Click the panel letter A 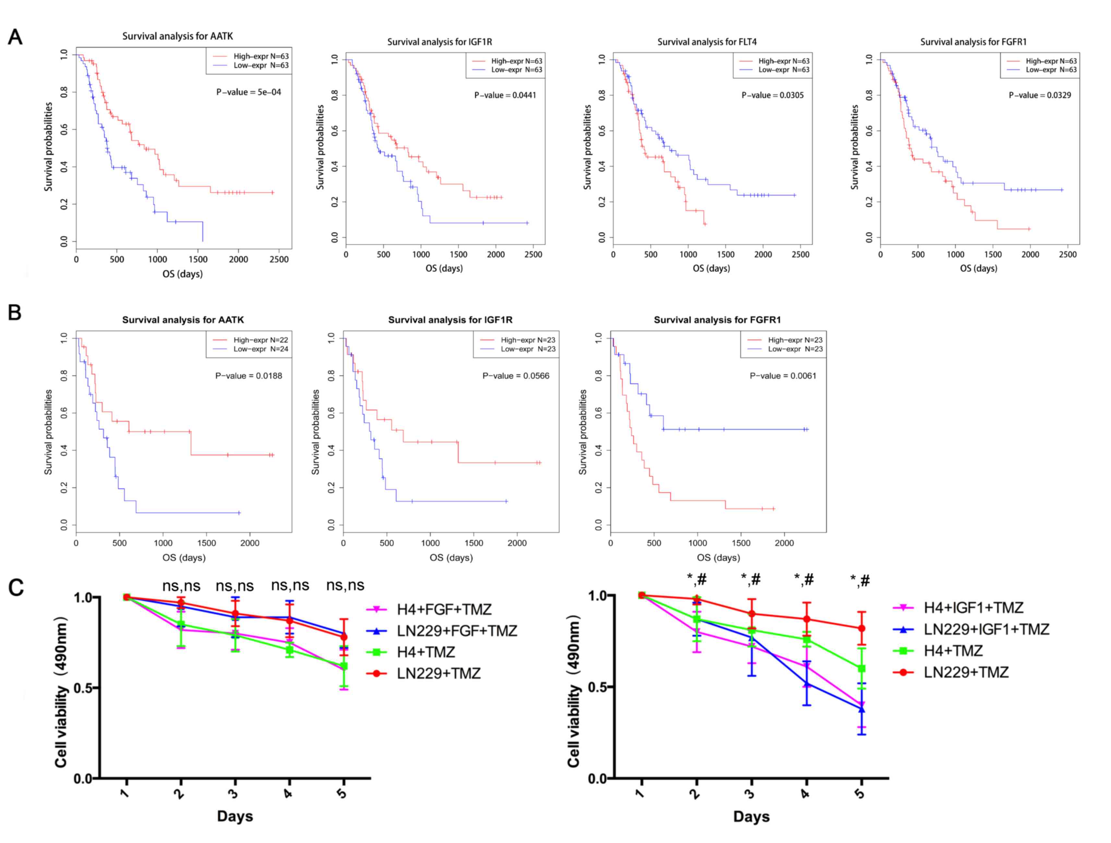pos(15,37)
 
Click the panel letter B pos(15,312)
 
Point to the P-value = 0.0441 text pos(505,95)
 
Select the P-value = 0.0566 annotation pos(516,376)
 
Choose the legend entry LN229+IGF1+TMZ pos(986,629)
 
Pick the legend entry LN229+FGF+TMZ pos(457,631)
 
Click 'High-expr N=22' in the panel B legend pos(261,340)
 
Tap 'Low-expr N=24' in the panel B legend pos(261,349)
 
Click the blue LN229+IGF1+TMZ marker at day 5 pos(861,709)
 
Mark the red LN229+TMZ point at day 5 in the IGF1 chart pos(861,628)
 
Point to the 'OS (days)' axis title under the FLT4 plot pos(711,269)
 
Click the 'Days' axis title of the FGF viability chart pos(234,816)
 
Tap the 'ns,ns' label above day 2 pos(181,586)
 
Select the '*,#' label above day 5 pos(860,581)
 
